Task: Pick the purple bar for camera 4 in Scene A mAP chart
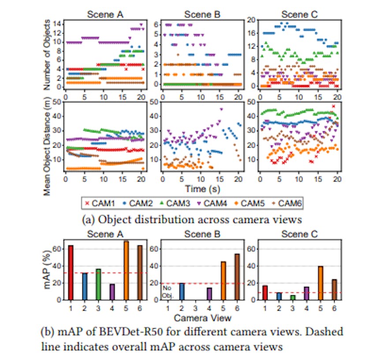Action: [112, 292]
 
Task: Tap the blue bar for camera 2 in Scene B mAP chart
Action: [182, 291]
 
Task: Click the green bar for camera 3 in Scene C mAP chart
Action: [294, 297]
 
